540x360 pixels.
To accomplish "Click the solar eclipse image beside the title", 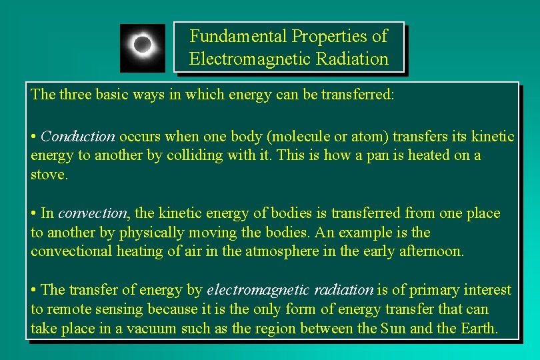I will click(142, 47).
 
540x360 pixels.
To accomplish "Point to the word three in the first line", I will click(77, 94).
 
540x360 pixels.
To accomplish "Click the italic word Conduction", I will click(77, 137).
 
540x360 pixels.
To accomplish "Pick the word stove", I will click(49, 175).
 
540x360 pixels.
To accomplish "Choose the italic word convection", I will click(92, 213).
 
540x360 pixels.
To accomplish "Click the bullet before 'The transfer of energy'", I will click(33, 290).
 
